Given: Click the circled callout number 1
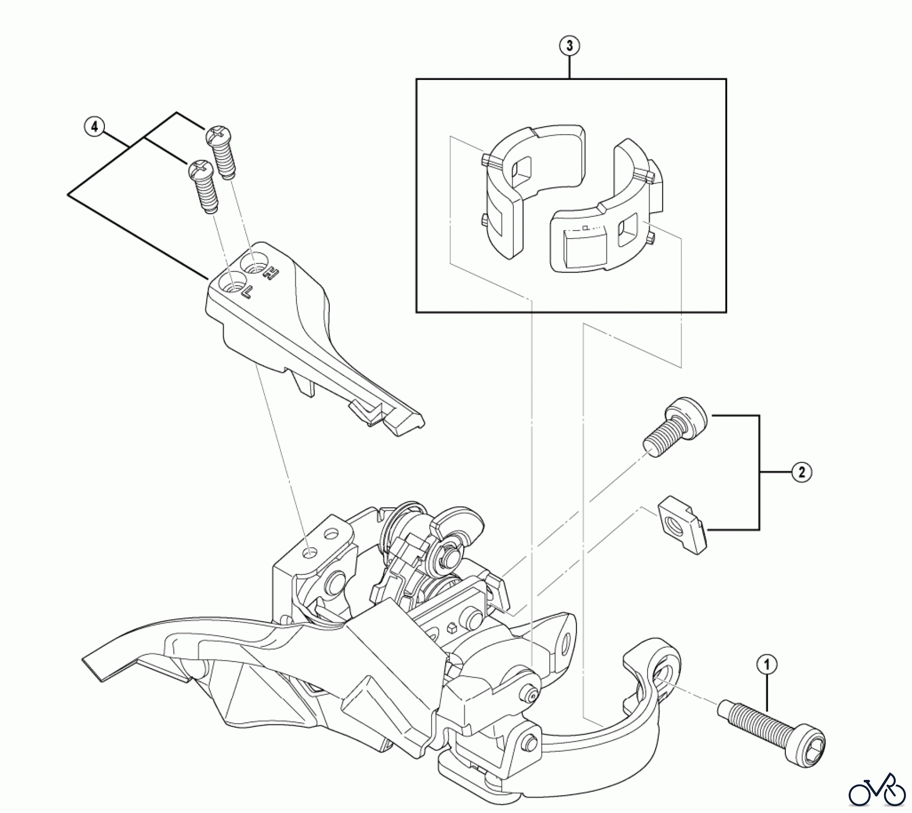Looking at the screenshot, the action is [766, 664].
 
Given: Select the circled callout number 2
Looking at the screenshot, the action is [801, 472].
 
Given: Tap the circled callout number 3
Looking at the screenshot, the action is [569, 46].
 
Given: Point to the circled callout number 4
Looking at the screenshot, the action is [94, 126].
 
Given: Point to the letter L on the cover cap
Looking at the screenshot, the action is [246, 292].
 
